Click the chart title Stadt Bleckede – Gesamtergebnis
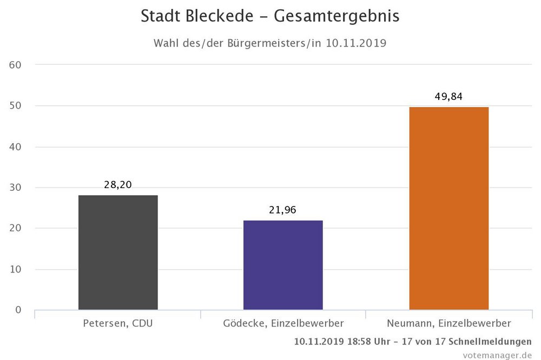pyautogui.click(x=270, y=16)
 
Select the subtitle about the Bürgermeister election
pyautogui.click(x=270, y=43)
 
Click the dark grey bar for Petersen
pyautogui.click(x=118, y=252)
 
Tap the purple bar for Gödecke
pyautogui.click(x=283, y=265)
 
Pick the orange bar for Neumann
pyautogui.click(x=448, y=208)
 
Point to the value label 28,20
pyautogui.click(x=118, y=185)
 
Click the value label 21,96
pyautogui.click(x=283, y=210)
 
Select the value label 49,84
pyautogui.click(x=448, y=97)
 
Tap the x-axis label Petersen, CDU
pyautogui.click(x=118, y=324)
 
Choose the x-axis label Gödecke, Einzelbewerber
pyautogui.click(x=283, y=324)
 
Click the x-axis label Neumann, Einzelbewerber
pyautogui.click(x=448, y=324)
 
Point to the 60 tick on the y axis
pyautogui.click(x=15, y=65)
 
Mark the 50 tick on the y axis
pyautogui.click(x=15, y=106)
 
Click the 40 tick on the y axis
pyautogui.click(x=15, y=147)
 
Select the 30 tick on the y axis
pyautogui.click(x=15, y=188)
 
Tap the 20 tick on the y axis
pyautogui.click(x=15, y=229)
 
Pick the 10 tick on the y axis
pyautogui.click(x=15, y=269)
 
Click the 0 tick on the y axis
pyautogui.click(x=18, y=310)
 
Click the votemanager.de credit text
pyautogui.click(x=497, y=355)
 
